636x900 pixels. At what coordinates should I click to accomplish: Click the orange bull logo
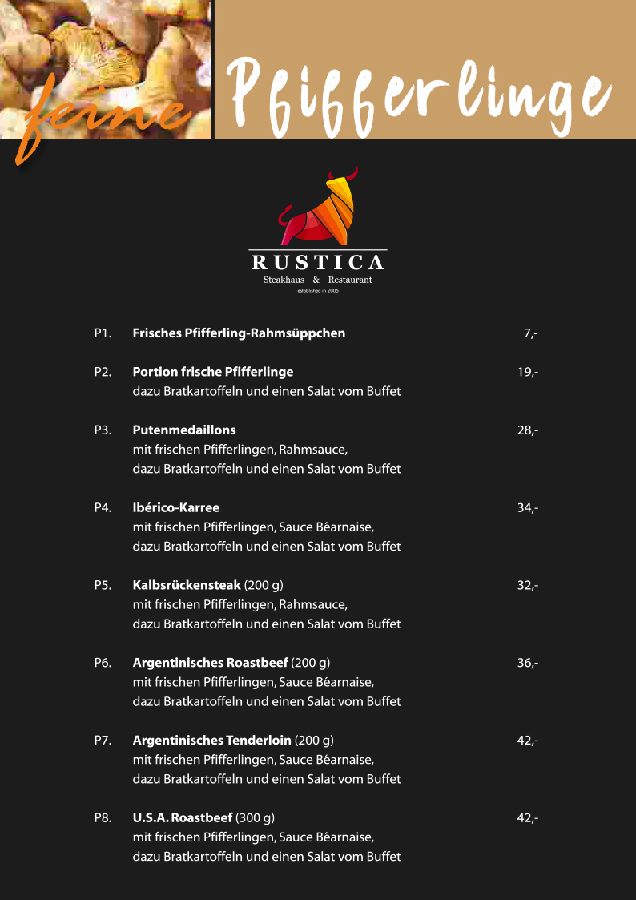[x=318, y=208]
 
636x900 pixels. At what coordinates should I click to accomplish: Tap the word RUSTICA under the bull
[x=318, y=262]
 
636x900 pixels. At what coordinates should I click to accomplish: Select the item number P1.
[x=103, y=333]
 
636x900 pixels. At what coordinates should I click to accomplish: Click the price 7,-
[x=530, y=333]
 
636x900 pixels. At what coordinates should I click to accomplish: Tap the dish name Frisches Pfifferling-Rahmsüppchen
[x=239, y=333]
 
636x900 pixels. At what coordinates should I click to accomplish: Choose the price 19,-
[x=527, y=372]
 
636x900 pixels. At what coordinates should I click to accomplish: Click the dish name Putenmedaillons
[x=184, y=430]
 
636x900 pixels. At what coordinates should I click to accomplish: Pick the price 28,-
[x=527, y=430]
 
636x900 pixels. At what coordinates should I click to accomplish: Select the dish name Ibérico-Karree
[x=175, y=507]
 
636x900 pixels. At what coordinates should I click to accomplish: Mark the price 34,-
[x=527, y=507]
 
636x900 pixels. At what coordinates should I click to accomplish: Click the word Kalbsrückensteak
[x=187, y=585]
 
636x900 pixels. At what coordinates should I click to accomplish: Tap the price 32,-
[x=527, y=585]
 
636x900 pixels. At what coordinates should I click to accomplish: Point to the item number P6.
[x=103, y=663]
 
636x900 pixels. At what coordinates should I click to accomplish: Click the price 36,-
[x=527, y=663]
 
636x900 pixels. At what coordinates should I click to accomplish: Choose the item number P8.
[x=103, y=818]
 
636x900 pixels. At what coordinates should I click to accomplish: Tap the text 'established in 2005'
[x=318, y=292]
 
